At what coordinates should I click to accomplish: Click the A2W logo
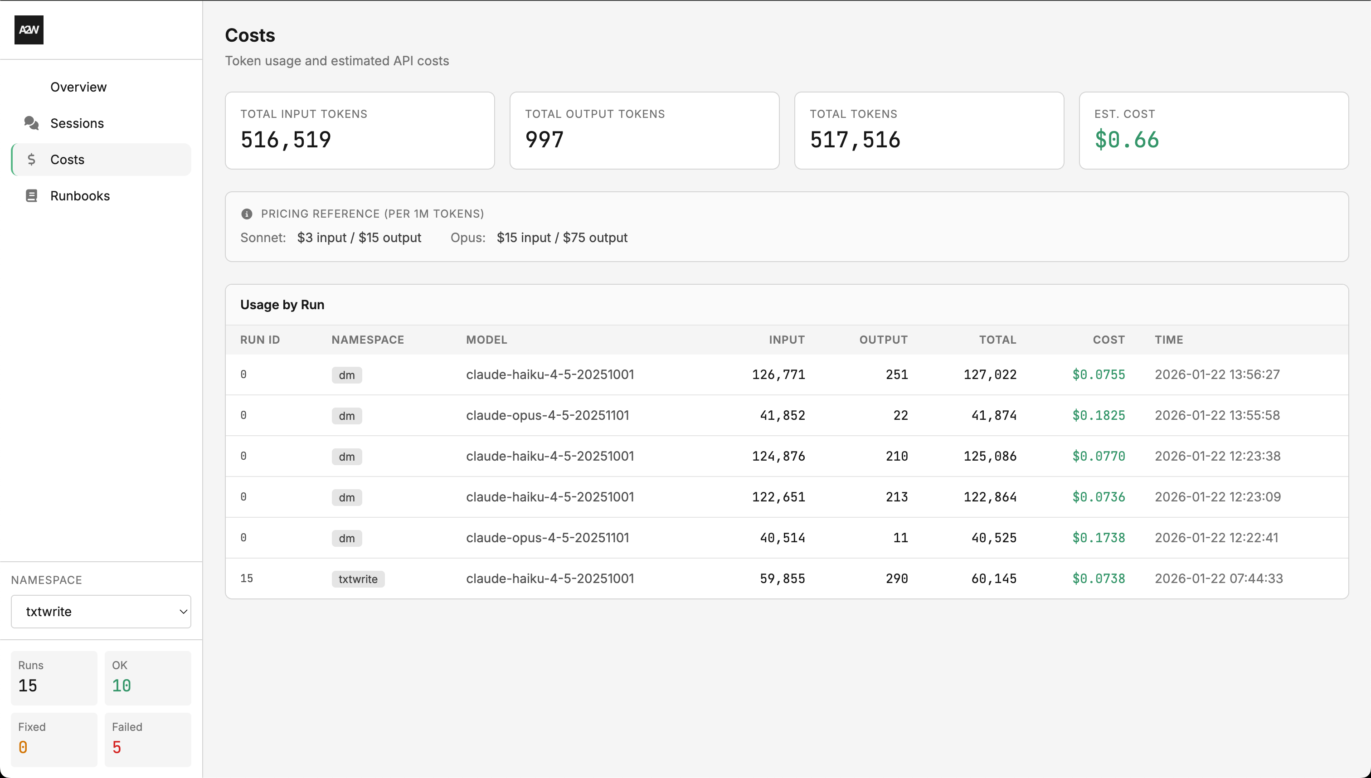point(29,30)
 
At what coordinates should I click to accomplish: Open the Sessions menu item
point(77,123)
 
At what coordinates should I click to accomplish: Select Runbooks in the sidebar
point(80,196)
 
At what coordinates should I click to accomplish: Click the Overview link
point(78,87)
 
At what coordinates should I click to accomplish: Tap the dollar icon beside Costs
point(32,160)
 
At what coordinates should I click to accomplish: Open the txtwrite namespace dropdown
point(101,612)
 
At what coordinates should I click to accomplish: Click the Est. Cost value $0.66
point(1126,140)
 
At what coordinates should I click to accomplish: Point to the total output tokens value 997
point(544,140)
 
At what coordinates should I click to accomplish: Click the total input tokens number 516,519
point(286,140)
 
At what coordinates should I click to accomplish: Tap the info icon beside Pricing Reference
point(247,214)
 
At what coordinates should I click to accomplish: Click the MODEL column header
point(486,340)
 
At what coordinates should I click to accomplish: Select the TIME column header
point(1168,340)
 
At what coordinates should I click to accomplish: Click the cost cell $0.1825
point(1098,416)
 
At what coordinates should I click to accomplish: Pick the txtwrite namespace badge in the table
point(357,579)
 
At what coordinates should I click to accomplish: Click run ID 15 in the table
point(246,579)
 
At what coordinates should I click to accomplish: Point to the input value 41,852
point(782,416)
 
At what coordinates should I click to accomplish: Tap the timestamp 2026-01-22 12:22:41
point(1216,538)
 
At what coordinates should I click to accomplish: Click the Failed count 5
point(117,748)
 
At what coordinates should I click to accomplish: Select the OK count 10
point(122,686)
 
